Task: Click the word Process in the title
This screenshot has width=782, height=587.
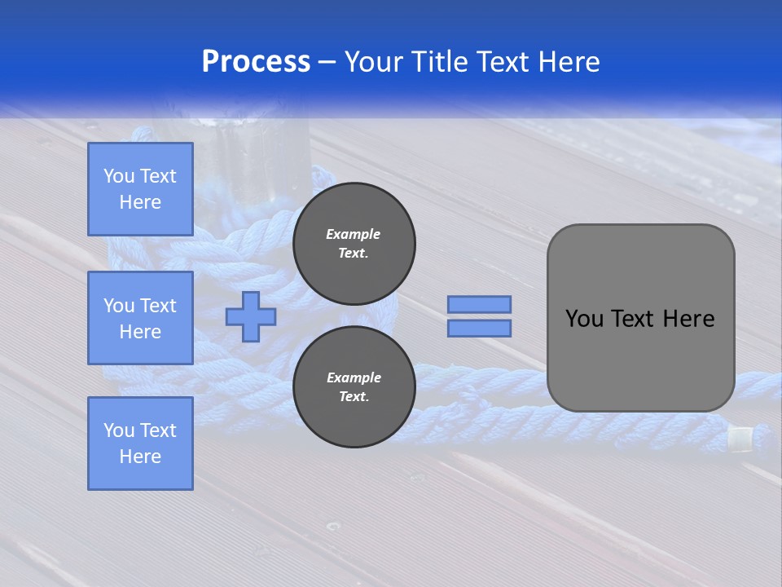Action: click(x=256, y=61)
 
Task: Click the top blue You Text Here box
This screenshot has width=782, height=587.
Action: click(x=140, y=189)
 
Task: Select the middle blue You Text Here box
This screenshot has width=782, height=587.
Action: click(x=140, y=318)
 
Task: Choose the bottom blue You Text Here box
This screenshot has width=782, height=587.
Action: click(x=140, y=444)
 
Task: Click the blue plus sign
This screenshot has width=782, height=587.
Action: click(x=251, y=316)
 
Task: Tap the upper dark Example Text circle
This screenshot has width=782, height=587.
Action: click(x=354, y=243)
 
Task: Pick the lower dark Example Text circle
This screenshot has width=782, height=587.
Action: click(x=354, y=386)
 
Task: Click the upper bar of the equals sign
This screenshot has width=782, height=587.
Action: click(x=479, y=304)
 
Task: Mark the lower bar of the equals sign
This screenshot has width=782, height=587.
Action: click(x=479, y=329)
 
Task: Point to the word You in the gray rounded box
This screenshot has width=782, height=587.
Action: click(x=584, y=319)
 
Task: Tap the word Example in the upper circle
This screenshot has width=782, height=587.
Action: click(x=354, y=234)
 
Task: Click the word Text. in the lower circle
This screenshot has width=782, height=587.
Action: click(x=354, y=397)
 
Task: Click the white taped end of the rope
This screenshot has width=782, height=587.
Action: click(x=740, y=439)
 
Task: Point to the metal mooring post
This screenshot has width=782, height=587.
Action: click(x=244, y=151)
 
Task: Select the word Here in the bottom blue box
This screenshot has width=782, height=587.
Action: click(x=140, y=457)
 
